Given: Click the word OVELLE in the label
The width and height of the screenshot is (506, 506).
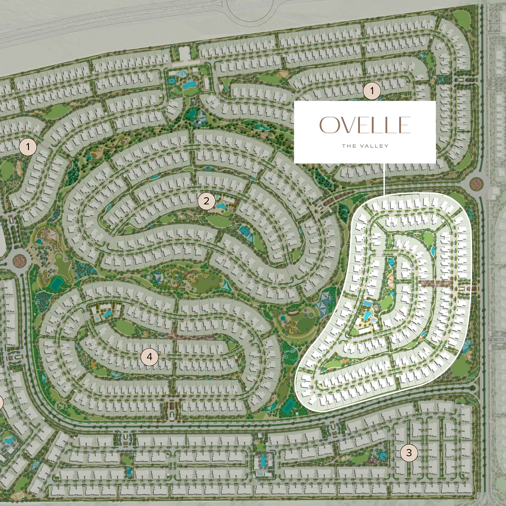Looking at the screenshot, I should (365, 125).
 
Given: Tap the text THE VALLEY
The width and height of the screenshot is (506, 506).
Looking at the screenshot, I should (365, 146).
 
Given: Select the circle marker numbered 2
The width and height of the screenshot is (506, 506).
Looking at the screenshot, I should (206, 201).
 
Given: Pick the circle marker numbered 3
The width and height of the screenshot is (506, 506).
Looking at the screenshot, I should (409, 453).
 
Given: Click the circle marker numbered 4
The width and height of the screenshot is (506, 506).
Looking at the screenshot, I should (149, 357).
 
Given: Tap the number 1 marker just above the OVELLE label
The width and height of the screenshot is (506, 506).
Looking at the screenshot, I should (372, 91).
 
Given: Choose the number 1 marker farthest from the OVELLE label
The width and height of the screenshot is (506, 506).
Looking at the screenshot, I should (28, 147).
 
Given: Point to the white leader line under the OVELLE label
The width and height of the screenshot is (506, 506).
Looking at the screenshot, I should (384, 178).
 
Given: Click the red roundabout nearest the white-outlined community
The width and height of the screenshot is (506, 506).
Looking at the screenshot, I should (475, 184).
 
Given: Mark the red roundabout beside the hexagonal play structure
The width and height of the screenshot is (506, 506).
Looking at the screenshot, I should (20, 260).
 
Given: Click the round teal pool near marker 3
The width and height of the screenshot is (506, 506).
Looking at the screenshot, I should (382, 455).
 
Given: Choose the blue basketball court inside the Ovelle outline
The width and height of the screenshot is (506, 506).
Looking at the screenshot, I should (391, 262).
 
